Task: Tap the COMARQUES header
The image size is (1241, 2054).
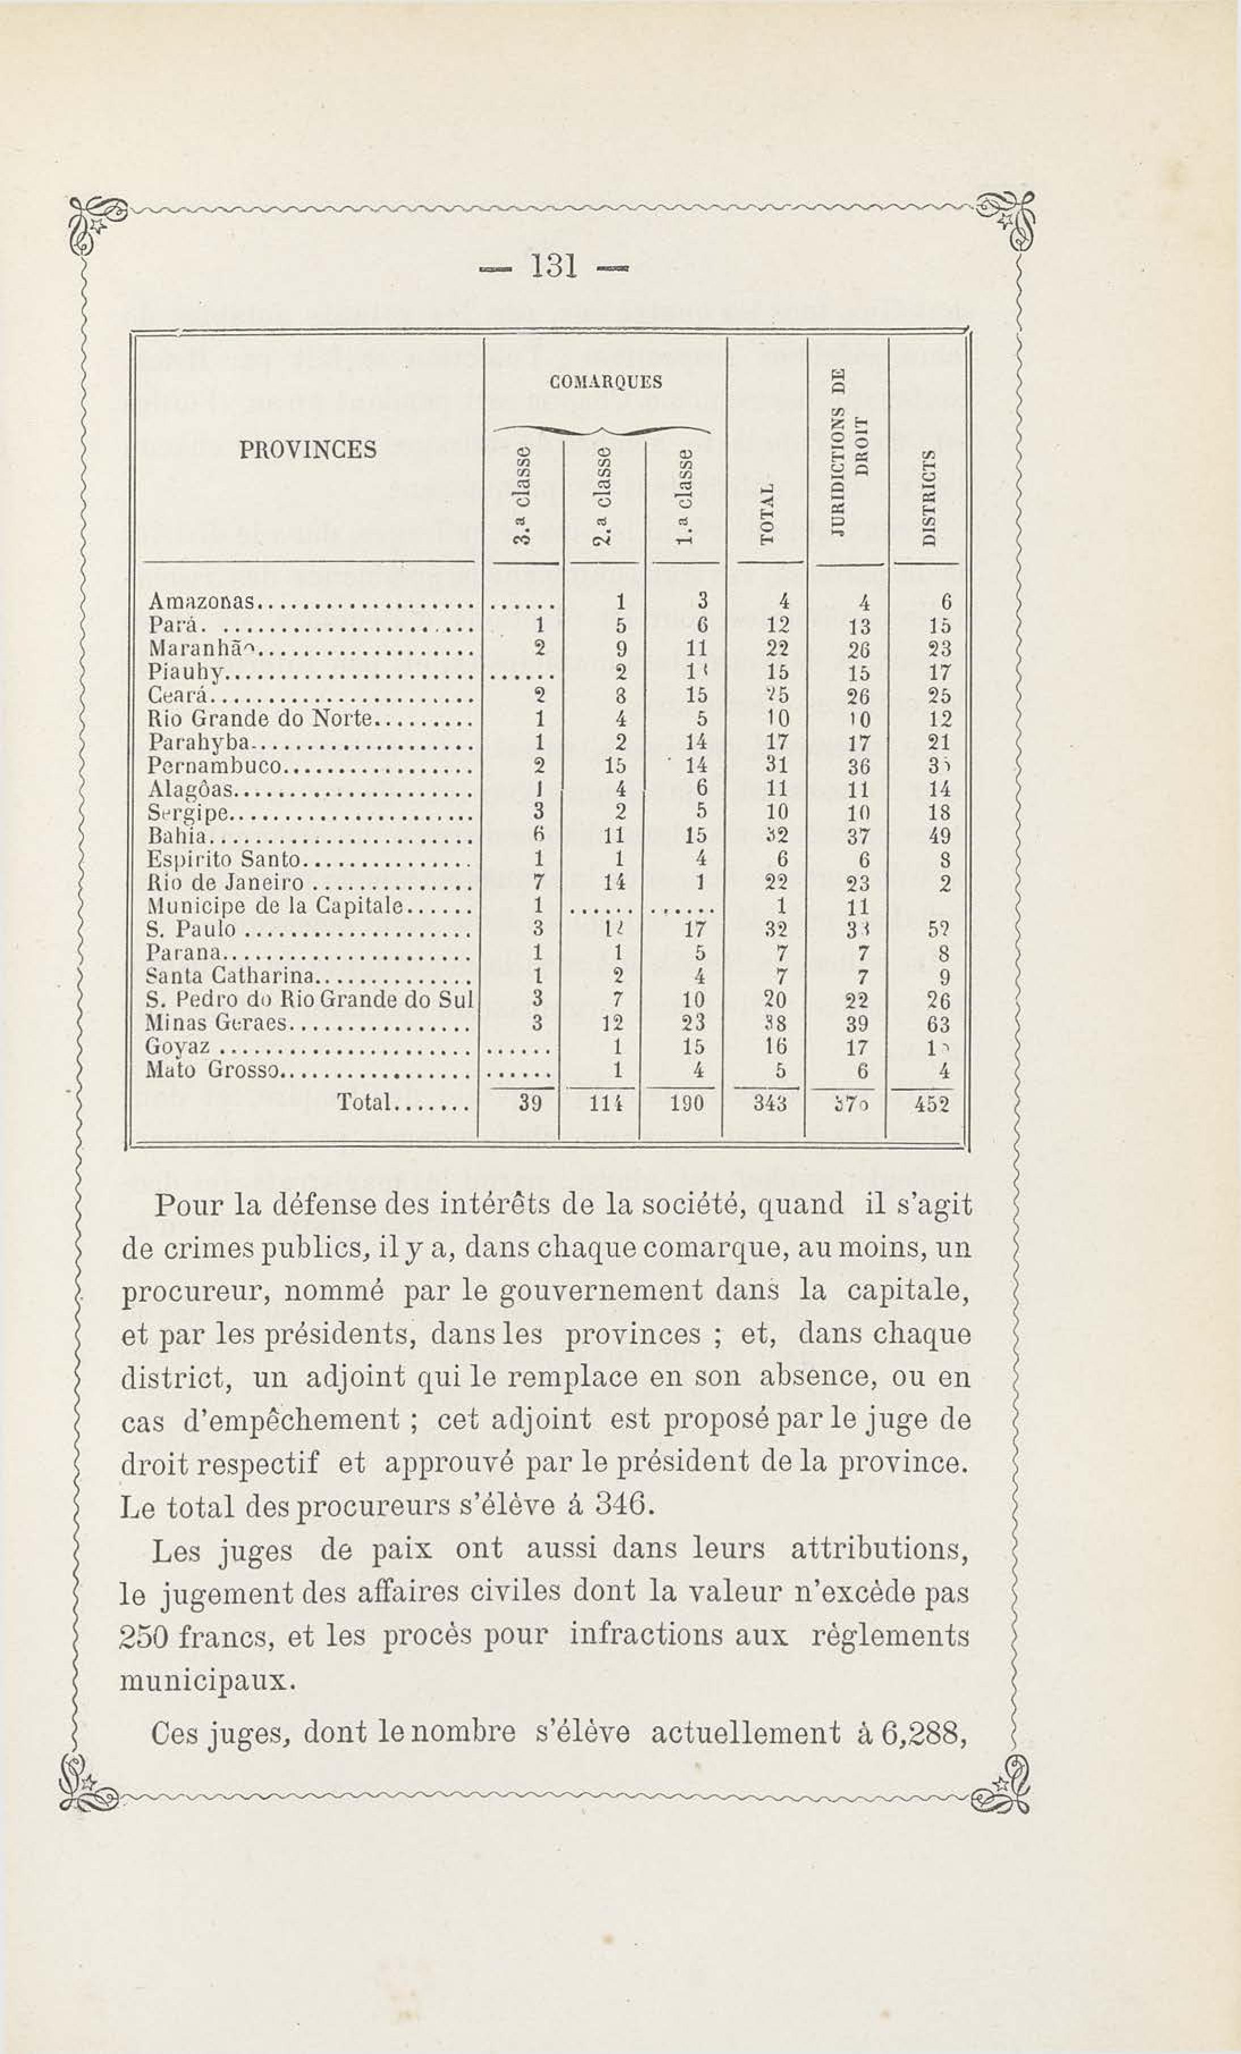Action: tap(606, 383)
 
